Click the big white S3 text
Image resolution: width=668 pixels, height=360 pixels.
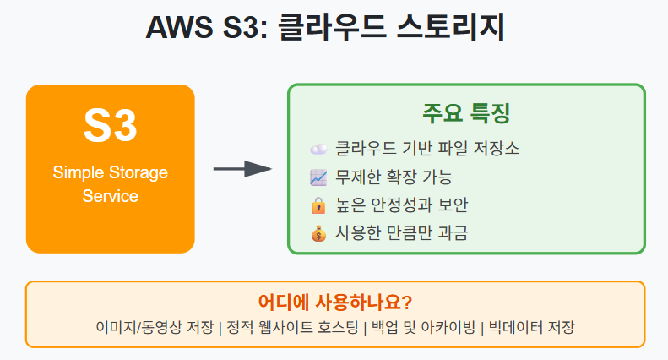tap(110, 127)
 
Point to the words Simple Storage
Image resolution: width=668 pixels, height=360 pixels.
tap(110, 172)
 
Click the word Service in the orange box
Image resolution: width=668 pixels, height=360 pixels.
tap(110, 196)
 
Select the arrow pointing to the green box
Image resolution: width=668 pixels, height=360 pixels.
tap(242, 169)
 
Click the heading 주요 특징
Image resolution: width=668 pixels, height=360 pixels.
tap(466, 114)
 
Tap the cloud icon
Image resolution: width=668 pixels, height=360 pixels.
tap(318, 149)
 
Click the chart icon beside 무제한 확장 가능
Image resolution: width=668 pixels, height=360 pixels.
tap(318, 177)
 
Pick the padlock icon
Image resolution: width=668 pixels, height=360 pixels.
tap(318, 205)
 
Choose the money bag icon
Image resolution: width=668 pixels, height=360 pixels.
tap(318, 233)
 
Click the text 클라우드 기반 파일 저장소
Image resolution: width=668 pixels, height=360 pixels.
tap(426, 149)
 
